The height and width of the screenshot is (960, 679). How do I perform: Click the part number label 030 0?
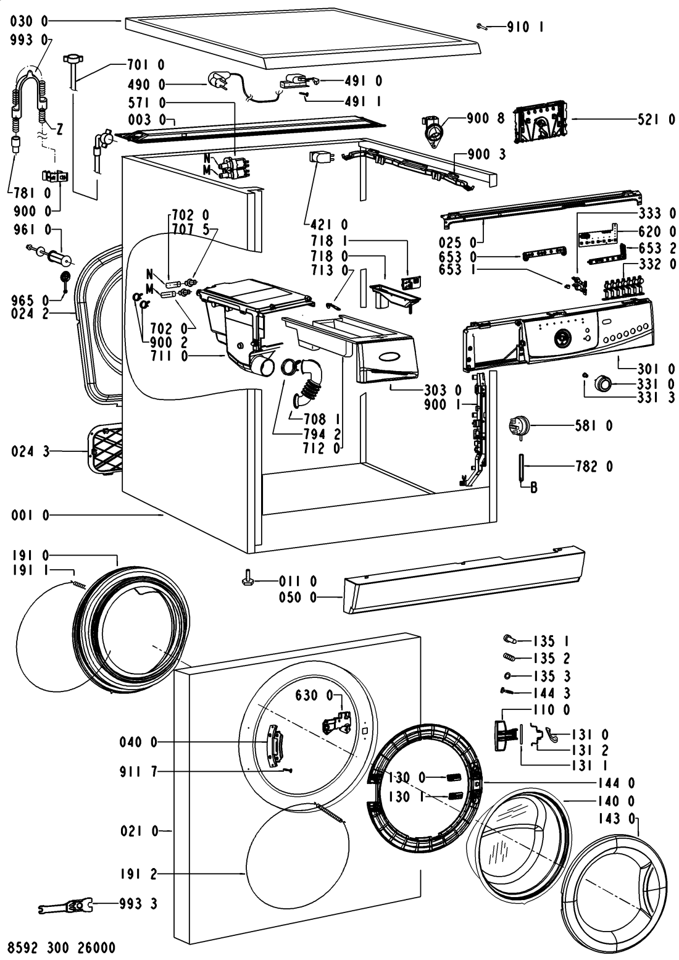point(29,21)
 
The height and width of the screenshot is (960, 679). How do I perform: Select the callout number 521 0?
point(656,121)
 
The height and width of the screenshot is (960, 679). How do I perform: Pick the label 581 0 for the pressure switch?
point(591,425)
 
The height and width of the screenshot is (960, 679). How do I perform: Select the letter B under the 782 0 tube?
point(533,488)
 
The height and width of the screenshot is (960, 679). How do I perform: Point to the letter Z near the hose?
point(60,130)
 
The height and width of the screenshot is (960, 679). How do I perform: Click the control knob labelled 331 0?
point(602,384)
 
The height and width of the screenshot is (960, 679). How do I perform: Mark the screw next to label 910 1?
point(483,26)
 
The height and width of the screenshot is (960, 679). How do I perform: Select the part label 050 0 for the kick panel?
point(317,598)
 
